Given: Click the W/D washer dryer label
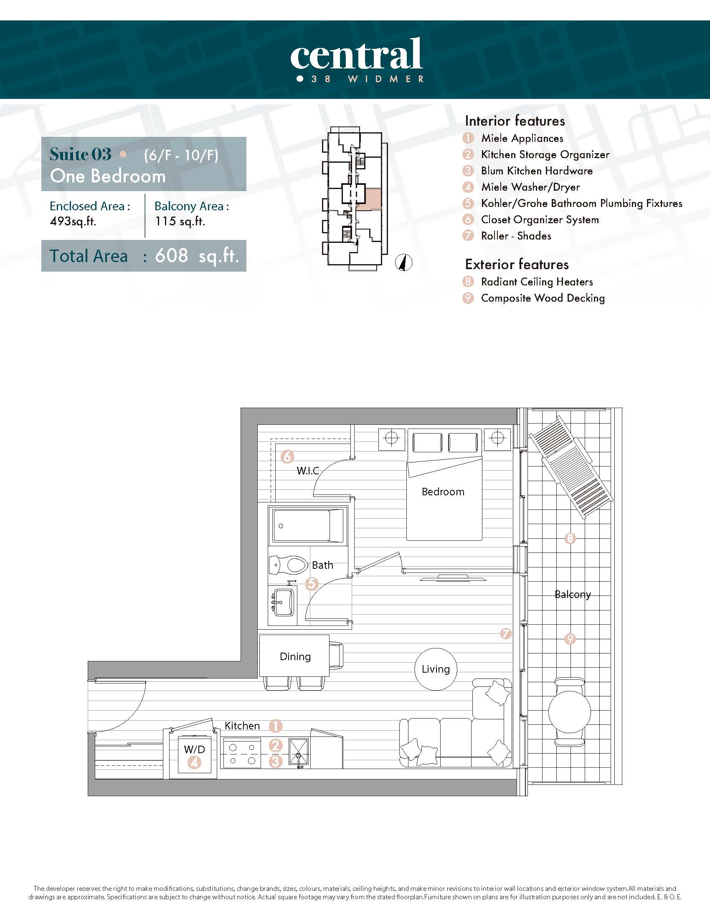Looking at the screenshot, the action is (x=194, y=749).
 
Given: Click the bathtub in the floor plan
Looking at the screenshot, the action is (x=308, y=526).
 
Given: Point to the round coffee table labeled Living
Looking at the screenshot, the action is (x=436, y=669).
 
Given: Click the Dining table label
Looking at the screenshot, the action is (x=295, y=656).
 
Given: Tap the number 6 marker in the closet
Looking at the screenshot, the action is (x=287, y=456).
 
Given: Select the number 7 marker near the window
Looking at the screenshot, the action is (x=506, y=633).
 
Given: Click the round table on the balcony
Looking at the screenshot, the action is (x=570, y=712).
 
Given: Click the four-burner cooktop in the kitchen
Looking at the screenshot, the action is (x=242, y=754).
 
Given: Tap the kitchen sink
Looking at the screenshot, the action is (x=299, y=752).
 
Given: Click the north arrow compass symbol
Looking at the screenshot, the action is (x=404, y=263).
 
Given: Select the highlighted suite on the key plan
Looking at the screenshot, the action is (x=369, y=199).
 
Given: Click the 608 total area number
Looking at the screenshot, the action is (x=171, y=255).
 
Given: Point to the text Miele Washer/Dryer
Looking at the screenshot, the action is (x=530, y=187).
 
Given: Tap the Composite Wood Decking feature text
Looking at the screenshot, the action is (x=543, y=298).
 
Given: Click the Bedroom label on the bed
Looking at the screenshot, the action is (x=443, y=492).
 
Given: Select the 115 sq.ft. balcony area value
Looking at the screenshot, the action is (x=180, y=222).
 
